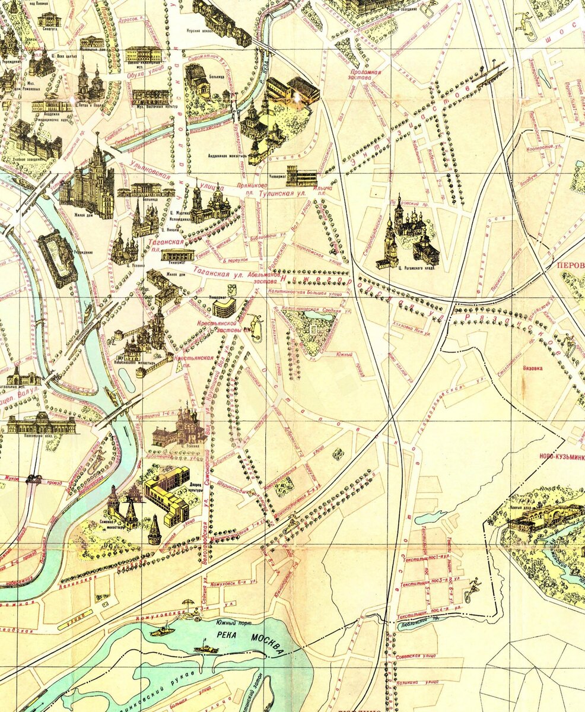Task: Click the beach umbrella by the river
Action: (x=189, y=603)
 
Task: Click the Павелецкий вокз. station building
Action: (x=42, y=424)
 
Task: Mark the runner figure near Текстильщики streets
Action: (x=473, y=587)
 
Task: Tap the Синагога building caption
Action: (x=49, y=28)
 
